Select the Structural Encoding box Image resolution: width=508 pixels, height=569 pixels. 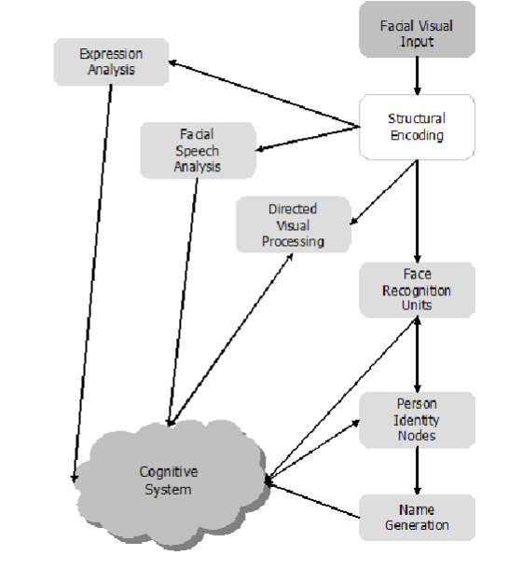click(417, 127)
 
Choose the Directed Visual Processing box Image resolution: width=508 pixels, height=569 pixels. click(294, 225)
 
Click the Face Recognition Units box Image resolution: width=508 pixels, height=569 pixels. click(417, 291)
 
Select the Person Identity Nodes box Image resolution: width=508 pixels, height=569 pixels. click(417, 420)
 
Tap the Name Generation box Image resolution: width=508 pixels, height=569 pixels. click(417, 518)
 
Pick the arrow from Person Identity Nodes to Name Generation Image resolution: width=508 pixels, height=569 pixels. click(417, 470)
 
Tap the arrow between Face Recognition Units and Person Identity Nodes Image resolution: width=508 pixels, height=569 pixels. click(417, 355)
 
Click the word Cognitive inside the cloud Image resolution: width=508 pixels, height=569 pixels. click(168, 471)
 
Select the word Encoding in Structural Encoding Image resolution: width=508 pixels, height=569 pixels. click(417, 135)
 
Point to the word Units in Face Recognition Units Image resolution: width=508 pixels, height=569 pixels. click(417, 305)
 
